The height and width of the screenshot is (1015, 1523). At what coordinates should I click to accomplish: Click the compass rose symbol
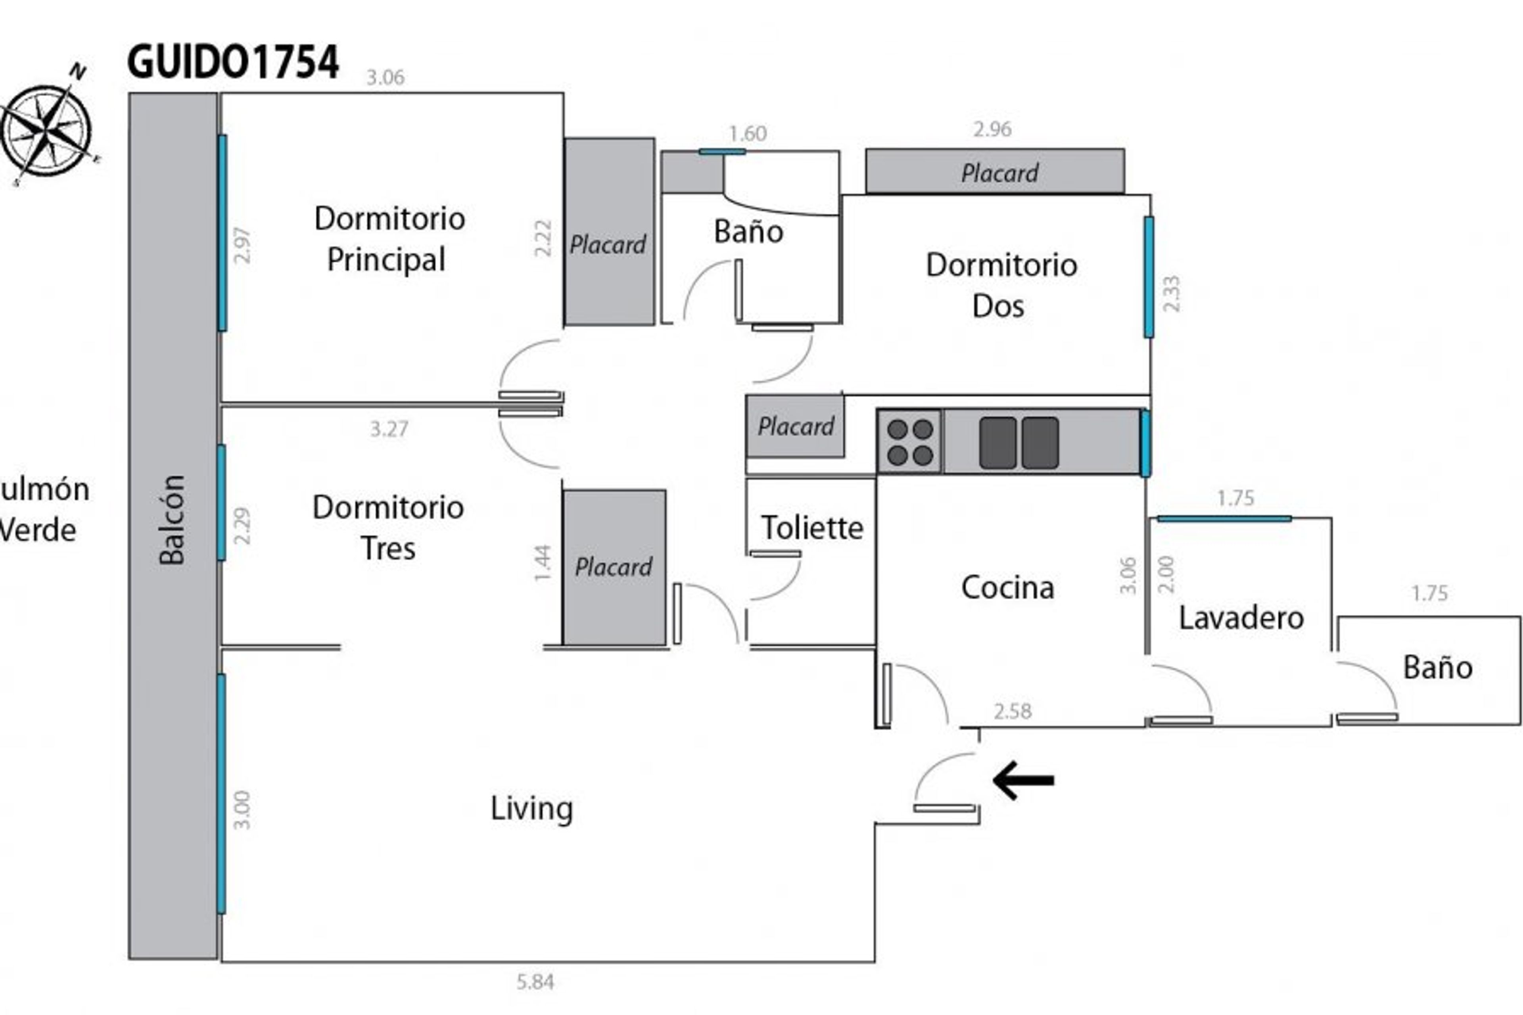coord(47,129)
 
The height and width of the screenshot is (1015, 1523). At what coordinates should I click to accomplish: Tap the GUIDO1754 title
coord(233,63)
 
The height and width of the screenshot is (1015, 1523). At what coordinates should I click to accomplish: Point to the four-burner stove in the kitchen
coord(909,441)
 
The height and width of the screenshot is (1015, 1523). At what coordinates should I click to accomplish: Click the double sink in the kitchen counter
coord(1019,443)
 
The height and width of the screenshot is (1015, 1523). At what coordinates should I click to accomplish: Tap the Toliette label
coord(811,528)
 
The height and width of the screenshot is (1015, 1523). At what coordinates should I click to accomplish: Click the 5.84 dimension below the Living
coord(535,982)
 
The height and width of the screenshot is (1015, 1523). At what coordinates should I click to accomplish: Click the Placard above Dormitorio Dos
coord(999,172)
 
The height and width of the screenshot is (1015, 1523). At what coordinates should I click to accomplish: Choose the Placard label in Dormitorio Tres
coord(613,567)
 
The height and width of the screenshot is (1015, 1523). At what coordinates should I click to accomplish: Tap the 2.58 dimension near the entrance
coord(1012,712)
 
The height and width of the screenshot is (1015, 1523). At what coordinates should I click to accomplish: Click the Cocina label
coord(1007,588)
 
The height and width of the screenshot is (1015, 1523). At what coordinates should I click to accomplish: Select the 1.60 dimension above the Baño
coord(748,133)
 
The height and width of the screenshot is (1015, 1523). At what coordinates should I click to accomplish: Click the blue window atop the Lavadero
coord(1224,518)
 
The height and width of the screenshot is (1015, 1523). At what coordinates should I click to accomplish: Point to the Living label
coord(531,808)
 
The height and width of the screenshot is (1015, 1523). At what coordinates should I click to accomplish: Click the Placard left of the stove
coord(796,426)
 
